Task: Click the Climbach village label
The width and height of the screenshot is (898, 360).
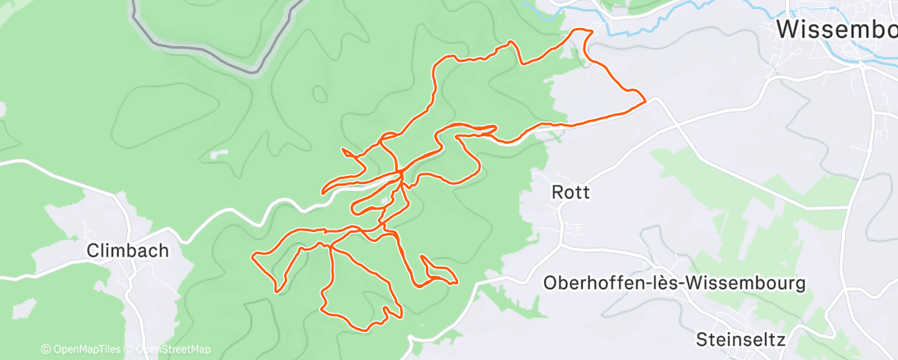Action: tap(128, 250)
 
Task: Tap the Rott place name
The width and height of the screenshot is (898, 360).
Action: tap(570, 192)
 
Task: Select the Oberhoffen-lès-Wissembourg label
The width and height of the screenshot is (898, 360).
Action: tap(673, 283)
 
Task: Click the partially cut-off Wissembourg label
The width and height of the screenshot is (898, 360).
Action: tap(836, 31)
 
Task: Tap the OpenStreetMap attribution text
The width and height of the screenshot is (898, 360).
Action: tap(172, 350)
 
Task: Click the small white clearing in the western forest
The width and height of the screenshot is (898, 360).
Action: tap(219, 153)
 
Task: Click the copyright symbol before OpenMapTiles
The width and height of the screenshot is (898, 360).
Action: tap(45, 350)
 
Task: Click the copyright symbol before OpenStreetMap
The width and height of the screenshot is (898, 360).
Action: tap(130, 350)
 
